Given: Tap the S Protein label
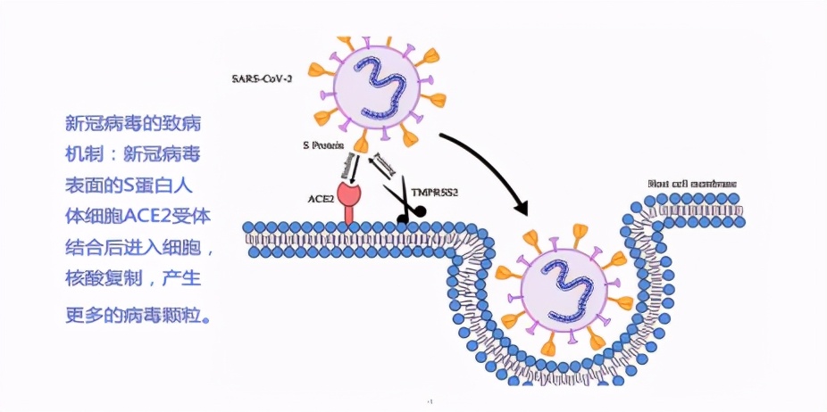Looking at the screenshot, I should pos(323,144).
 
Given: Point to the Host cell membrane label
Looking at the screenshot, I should pos(692,185).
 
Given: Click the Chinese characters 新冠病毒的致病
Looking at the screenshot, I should pos(133,122).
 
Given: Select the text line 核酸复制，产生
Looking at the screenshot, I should pos(133,279).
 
